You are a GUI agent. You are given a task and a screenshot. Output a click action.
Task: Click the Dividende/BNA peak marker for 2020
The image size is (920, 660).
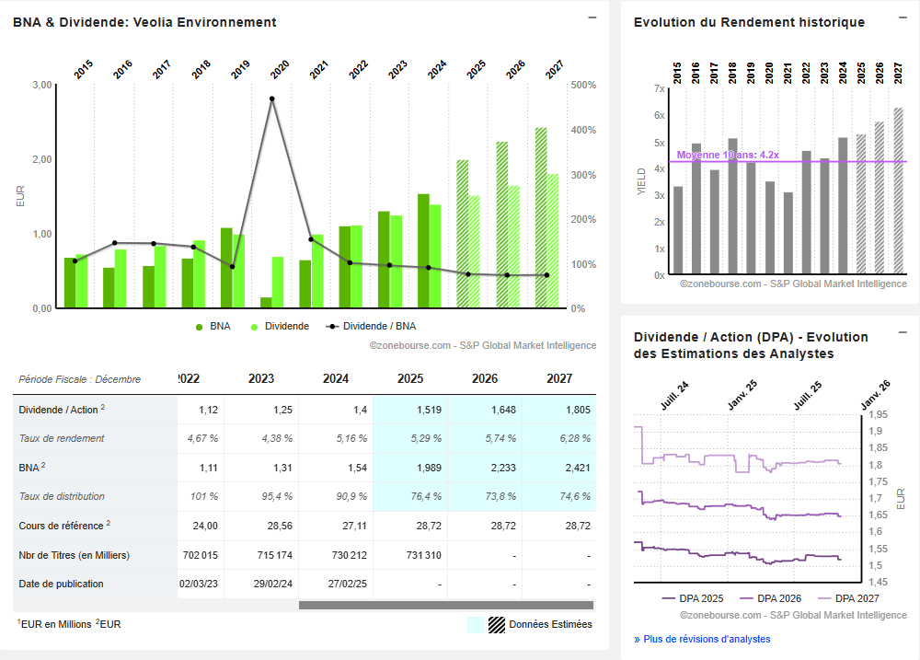pyautogui.click(x=271, y=98)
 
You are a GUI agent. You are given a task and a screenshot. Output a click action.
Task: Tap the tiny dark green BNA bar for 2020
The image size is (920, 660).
pyautogui.click(x=266, y=303)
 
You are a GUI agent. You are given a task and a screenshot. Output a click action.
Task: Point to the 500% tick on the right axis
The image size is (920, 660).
pyautogui.click(x=584, y=85)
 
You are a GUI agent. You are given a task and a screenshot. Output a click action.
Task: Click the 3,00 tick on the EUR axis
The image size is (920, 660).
pyautogui.click(x=41, y=85)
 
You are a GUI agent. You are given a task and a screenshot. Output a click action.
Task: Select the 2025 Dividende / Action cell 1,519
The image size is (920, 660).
pyautogui.click(x=409, y=410)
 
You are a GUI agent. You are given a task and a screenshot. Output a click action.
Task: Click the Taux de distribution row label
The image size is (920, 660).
pyautogui.click(x=62, y=496)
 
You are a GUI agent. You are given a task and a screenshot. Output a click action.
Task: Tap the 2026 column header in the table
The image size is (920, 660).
pyautogui.click(x=484, y=378)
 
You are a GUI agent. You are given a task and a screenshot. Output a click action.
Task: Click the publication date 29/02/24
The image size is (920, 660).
pyautogui.click(x=261, y=584)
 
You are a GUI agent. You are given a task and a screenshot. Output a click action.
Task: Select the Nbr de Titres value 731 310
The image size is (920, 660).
pyautogui.click(x=409, y=555)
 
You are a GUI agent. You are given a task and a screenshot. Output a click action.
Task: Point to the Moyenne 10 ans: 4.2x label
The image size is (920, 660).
pyautogui.click(x=728, y=155)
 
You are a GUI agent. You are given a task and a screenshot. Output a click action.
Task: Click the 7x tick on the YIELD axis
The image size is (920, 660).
pyautogui.click(x=659, y=88)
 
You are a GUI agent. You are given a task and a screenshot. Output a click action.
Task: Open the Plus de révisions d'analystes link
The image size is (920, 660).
pyautogui.click(x=702, y=639)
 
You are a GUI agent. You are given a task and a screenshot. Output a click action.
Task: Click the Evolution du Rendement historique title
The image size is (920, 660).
pyautogui.click(x=749, y=22)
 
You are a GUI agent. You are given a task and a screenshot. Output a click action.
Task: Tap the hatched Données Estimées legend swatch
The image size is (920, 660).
pyautogui.click(x=497, y=624)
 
